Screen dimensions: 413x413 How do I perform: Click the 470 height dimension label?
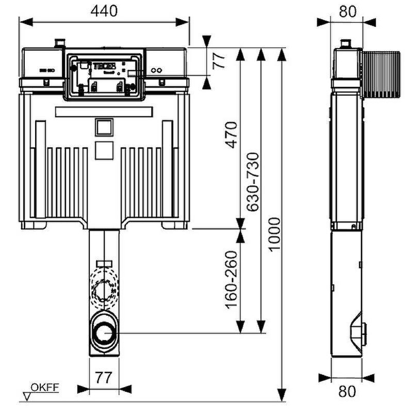pyautogui.click(x=233, y=135)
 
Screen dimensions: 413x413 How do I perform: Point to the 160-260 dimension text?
pyautogui.click(x=233, y=279)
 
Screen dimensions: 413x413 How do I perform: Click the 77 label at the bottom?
pyautogui.click(x=104, y=377)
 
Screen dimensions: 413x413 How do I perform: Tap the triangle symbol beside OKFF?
pyautogui.click(x=28, y=395)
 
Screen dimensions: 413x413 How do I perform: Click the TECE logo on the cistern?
pyautogui.click(x=100, y=66)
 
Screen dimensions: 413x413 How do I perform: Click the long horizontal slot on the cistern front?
pyautogui.click(x=104, y=112)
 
